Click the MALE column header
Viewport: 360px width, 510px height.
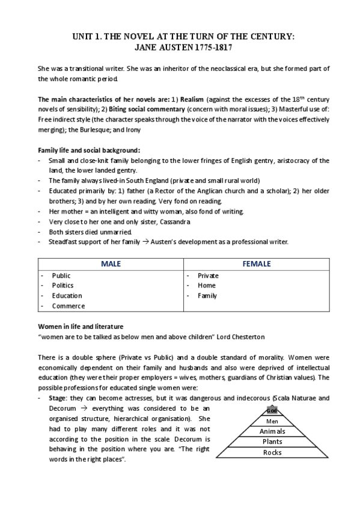tap(111, 263)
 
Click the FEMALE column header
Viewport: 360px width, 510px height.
tap(256, 263)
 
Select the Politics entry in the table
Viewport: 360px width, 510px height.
tap(63, 286)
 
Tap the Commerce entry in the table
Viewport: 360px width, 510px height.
tap(68, 306)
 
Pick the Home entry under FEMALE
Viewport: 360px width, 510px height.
tap(207, 286)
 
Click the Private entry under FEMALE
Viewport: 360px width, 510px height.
tap(208, 275)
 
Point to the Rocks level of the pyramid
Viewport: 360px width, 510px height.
tap(272, 452)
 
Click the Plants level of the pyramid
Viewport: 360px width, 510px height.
tap(272, 442)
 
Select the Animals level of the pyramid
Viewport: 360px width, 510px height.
tap(272, 432)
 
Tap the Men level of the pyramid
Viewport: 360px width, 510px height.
tap(272, 422)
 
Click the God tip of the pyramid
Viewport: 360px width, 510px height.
tap(272, 411)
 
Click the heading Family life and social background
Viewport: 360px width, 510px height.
tap(89, 150)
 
